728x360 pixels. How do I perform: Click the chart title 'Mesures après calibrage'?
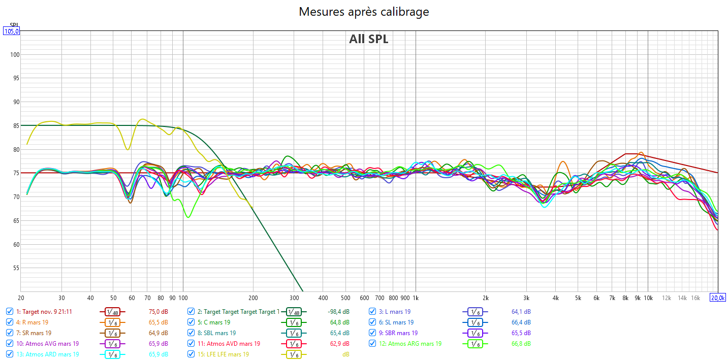pyautogui.click(x=364, y=12)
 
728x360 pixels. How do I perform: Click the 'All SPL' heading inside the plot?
pyautogui.click(x=368, y=39)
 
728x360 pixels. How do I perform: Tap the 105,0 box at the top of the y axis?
pyautogui.click(x=12, y=31)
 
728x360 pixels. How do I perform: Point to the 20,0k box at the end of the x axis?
pyautogui.click(x=717, y=298)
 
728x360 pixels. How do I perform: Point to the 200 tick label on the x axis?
pyautogui.click(x=253, y=298)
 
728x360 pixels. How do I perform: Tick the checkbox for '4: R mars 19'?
pyautogui.click(x=10, y=322)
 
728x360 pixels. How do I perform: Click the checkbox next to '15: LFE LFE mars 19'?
pyautogui.click(x=191, y=354)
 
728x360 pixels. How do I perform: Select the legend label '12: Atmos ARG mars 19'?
pyautogui.click(x=410, y=344)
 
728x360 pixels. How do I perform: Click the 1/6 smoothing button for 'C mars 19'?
pyautogui.click(x=293, y=322)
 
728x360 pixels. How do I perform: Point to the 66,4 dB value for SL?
pyautogui.click(x=521, y=322)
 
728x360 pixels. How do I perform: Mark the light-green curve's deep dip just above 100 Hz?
pyautogui.click(x=188, y=217)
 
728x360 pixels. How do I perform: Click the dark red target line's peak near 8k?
pyautogui.click(x=626, y=153)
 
